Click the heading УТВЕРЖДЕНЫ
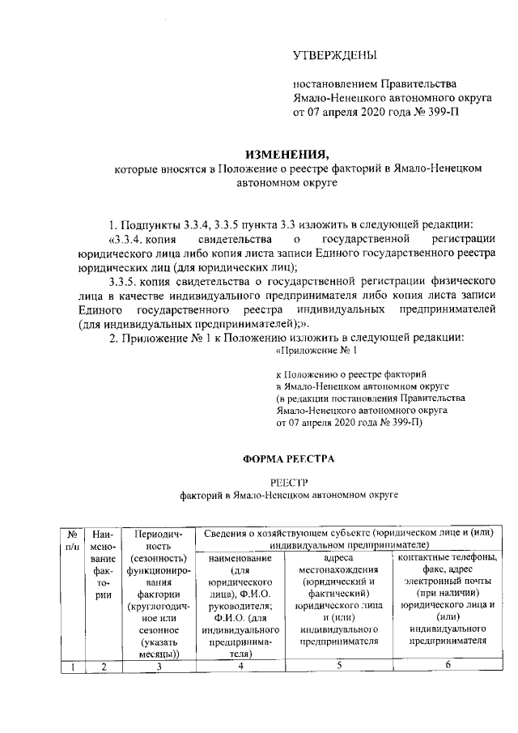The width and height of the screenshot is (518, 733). point(334,56)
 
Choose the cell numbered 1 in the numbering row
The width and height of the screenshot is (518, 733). point(72,667)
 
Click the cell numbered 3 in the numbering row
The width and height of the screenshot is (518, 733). point(159,667)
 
